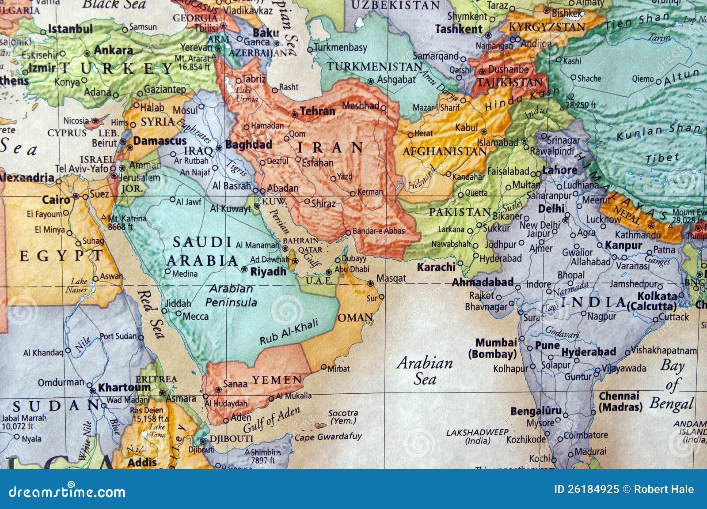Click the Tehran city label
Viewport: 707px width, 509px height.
pos(317,111)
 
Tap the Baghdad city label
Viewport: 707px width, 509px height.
pos(248,145)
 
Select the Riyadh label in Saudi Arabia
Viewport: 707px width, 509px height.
pos(268,271)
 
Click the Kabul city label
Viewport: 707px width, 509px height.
pos(467,128)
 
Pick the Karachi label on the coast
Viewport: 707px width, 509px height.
pos(436,267)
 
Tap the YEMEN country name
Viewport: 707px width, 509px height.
pos(277,380)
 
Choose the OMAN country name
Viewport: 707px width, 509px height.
pos(355,317)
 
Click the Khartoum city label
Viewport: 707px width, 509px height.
pos(124,388)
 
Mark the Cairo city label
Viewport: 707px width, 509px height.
pos(56,200)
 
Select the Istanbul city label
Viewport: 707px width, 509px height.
pos(70,29)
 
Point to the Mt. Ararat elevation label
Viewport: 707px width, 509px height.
pos(193,62)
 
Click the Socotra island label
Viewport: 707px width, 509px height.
pos(343,417)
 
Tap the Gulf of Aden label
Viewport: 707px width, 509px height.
pos(272,420)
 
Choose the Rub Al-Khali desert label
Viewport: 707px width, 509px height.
pos(289,332)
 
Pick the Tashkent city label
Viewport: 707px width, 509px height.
pos(459,29)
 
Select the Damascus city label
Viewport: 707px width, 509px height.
pos(160,141)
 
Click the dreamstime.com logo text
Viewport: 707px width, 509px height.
pos(67,491)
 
